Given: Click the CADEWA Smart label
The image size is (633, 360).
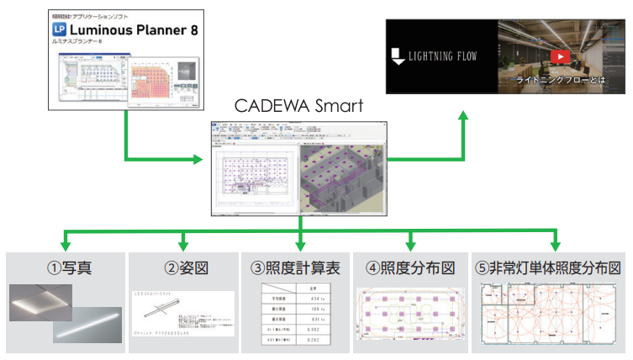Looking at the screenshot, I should (299, 107).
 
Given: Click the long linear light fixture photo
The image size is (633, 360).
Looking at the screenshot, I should (84, 326).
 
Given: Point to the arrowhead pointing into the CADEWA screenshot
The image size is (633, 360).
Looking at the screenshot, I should (203, 159).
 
